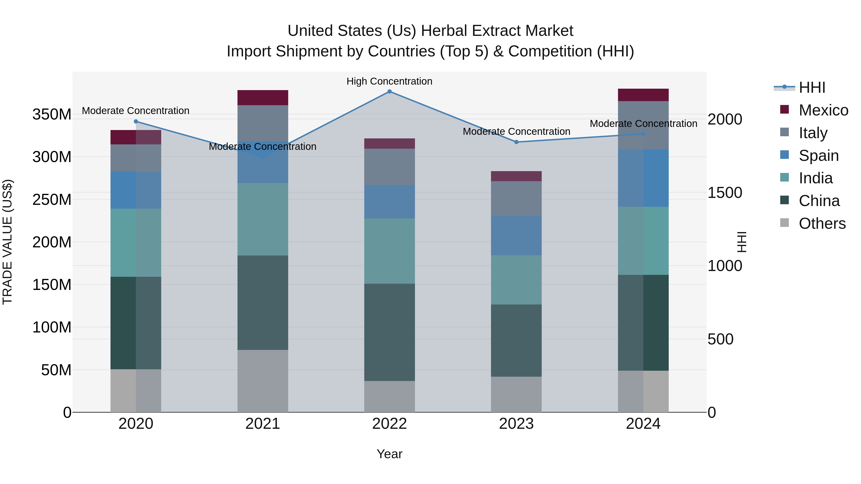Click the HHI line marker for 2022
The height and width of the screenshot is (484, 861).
[x=389, y=92]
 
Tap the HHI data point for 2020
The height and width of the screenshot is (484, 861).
[x=136, y=122]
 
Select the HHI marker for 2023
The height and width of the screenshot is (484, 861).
[x=516, y=142]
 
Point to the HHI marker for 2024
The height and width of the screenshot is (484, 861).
[x=643, y=134]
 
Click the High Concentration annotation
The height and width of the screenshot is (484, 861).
[x=389, y=82]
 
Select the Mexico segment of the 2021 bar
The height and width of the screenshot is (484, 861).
[x=263, y=98]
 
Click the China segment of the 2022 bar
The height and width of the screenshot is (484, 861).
[x=389, y=332]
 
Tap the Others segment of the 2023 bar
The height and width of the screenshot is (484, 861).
[x=516, y=394]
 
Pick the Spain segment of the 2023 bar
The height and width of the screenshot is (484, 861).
[x=516, y=236]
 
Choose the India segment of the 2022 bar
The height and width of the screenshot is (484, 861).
[x=389, y=251]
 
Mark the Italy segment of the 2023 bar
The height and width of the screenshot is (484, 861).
[x=516, y=199]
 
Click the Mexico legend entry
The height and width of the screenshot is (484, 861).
[x=823, y=110]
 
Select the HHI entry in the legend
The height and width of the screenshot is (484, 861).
[x=812, y=87]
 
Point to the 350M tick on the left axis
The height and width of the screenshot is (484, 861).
[x=52, y=114]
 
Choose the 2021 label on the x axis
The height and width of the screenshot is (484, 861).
[x=263, y=424]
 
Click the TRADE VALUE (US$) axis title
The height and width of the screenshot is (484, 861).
[x=8, y=242]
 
